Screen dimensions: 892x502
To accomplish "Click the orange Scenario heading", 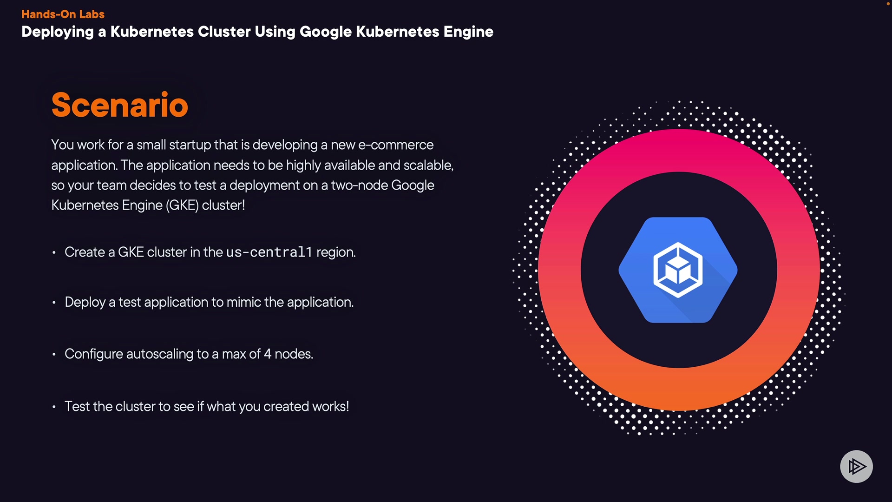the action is tap(119, 105).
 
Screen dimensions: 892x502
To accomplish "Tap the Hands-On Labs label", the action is tap(63, 14).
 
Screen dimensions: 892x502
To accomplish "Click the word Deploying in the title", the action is tap(58, 32).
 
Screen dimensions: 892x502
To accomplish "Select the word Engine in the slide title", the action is tap(468, 32).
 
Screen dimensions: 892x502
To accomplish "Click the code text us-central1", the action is tap(269, 252).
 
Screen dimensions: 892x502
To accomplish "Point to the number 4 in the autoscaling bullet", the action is tap(267, 354).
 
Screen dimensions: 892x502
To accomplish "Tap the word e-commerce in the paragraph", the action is tap(395, 145).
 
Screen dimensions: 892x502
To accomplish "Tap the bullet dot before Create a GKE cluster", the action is tap(54, 253).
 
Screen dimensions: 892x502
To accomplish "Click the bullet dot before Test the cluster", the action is tap(54, 407).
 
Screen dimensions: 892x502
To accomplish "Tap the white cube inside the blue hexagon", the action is tap(678, 270).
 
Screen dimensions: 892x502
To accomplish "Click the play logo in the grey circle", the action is tap(856, 466).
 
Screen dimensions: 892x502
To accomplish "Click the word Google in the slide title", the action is tap(325, 32).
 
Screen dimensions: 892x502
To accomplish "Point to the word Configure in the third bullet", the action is tap(93, 354).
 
